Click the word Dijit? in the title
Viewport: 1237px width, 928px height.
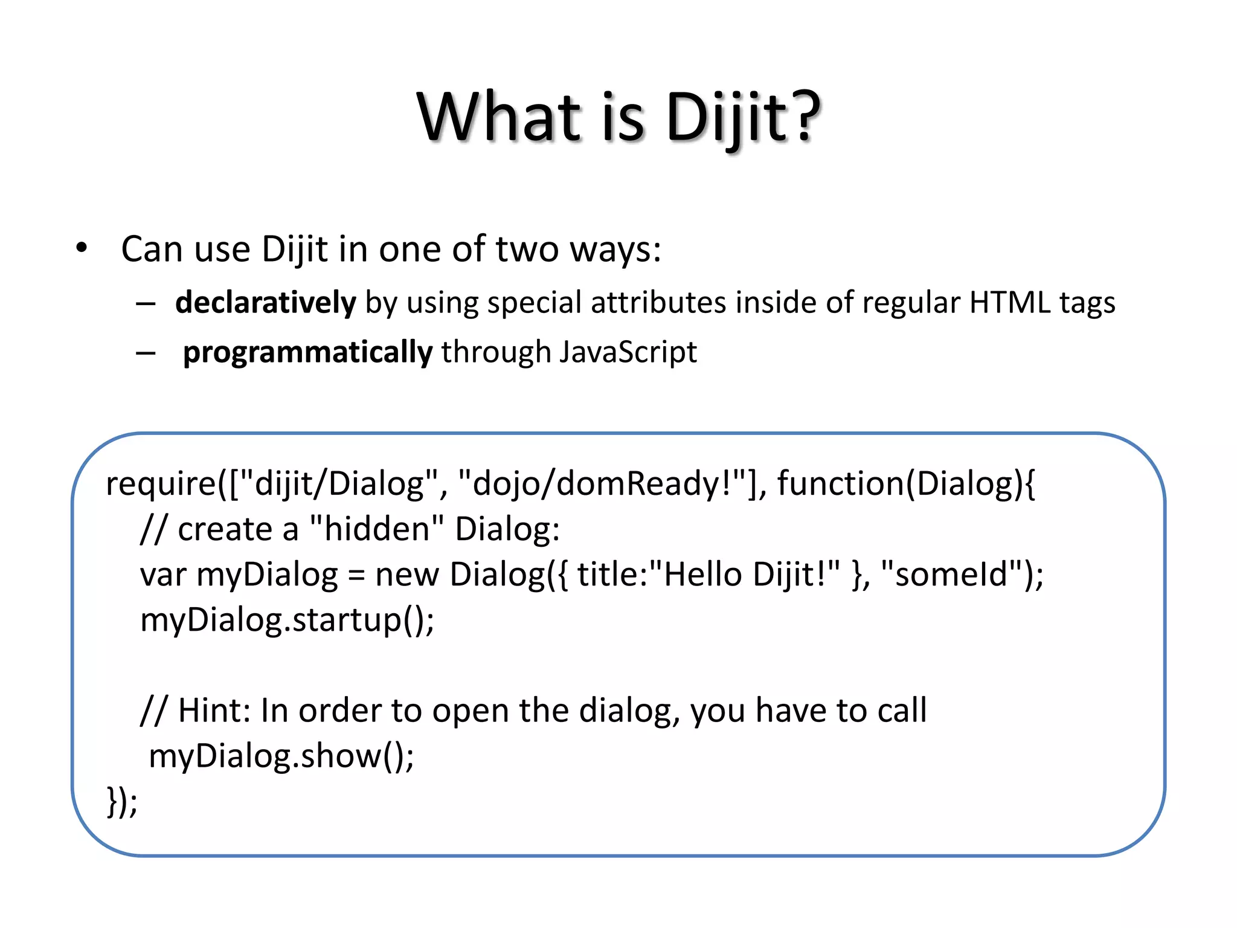[x=743, y=117]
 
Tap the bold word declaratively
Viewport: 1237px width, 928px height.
[x=266, y=302]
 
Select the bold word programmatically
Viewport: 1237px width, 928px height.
[x=308, y=352]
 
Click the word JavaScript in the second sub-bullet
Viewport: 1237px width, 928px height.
[x=628, y=352]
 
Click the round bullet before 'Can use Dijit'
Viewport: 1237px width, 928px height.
[x=82, y=248]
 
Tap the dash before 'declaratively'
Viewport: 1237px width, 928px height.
[x=146, y=303]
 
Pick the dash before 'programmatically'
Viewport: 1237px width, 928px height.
[x=146, y=353]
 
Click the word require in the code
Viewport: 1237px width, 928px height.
[x=161, y=484]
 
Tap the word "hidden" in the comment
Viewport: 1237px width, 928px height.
[x=377, y=529]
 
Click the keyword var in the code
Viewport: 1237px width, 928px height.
[x=163, y=575]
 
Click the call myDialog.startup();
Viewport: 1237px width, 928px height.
[x=287, y=620]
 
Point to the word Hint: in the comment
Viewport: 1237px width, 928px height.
[x=214, y=710]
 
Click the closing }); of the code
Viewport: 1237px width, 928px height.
[x=122, y=802]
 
